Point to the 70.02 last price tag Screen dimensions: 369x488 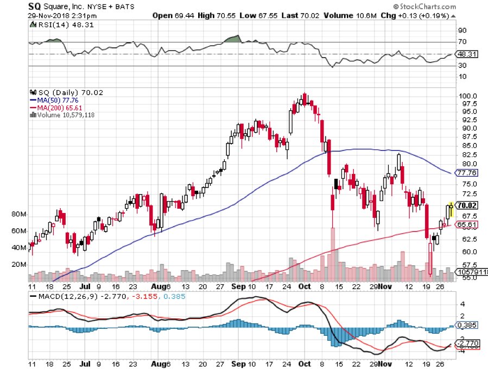[x=468, y=205]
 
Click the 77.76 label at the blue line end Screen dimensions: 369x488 [x=468, y=173]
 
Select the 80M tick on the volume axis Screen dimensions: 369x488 [x=19, y=215]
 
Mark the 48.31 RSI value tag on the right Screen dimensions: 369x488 [x=467, y=54]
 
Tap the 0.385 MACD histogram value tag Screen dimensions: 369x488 [x=468, y=325]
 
